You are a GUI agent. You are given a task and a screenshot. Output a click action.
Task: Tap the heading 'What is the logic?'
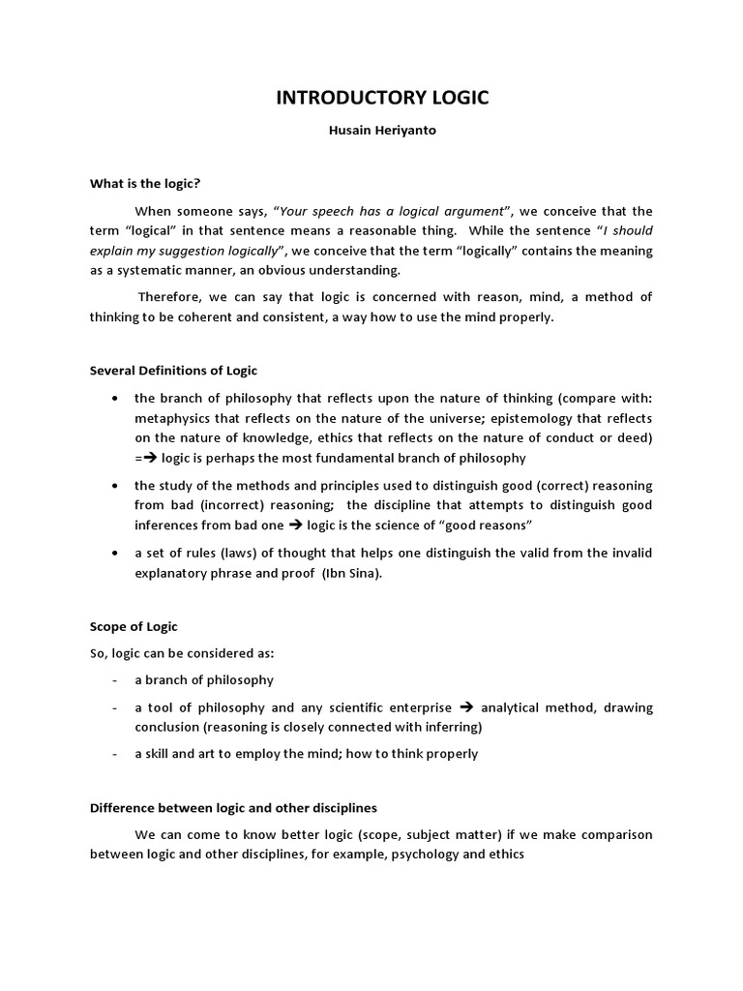(144, 183)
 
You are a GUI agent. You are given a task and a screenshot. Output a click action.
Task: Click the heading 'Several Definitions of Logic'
(173, 370)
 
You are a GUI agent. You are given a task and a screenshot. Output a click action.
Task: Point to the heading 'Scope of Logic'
(134, 626)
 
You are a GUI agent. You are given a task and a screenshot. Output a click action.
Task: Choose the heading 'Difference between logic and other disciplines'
(233, 807)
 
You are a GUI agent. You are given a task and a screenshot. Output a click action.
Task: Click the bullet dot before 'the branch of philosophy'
(115, 398)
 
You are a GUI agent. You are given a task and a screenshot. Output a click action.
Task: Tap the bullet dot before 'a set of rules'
(115, 553)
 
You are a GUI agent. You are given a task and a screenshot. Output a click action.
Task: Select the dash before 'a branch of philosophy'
(115, 679)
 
